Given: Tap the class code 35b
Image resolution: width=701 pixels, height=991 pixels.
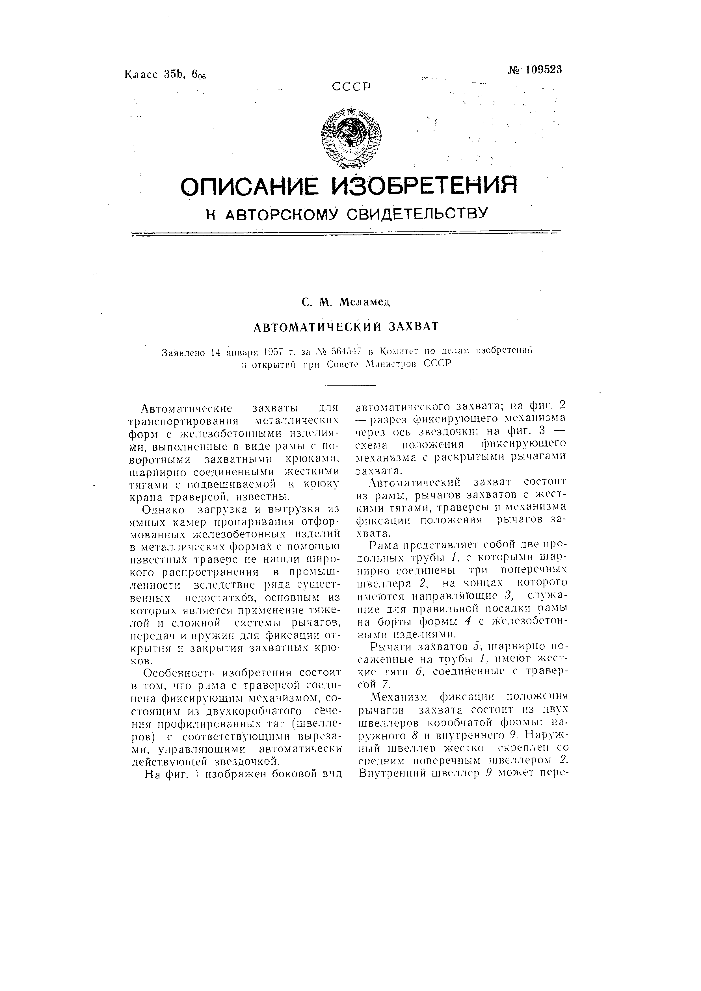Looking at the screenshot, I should tap(174, 74).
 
